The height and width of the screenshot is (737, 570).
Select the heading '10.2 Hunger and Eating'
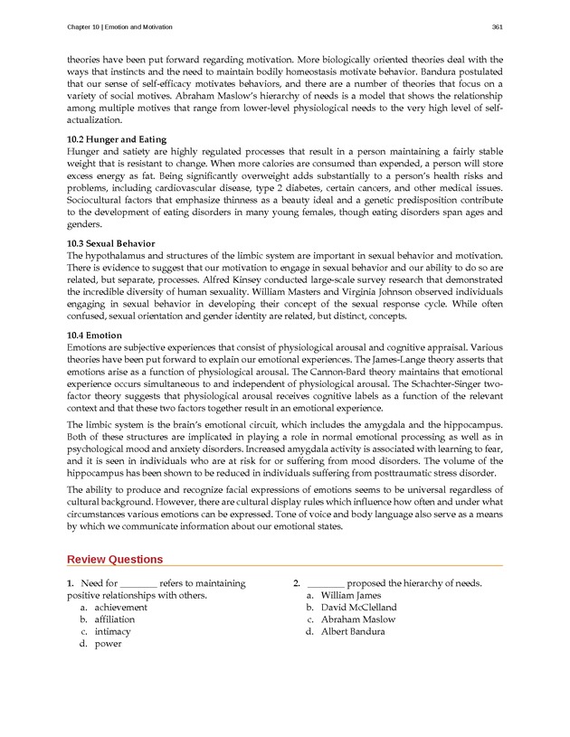pyautogui.click(x=113, y=140)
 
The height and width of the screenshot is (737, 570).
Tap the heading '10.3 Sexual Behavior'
pyautogui.click(x=111, y=243)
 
